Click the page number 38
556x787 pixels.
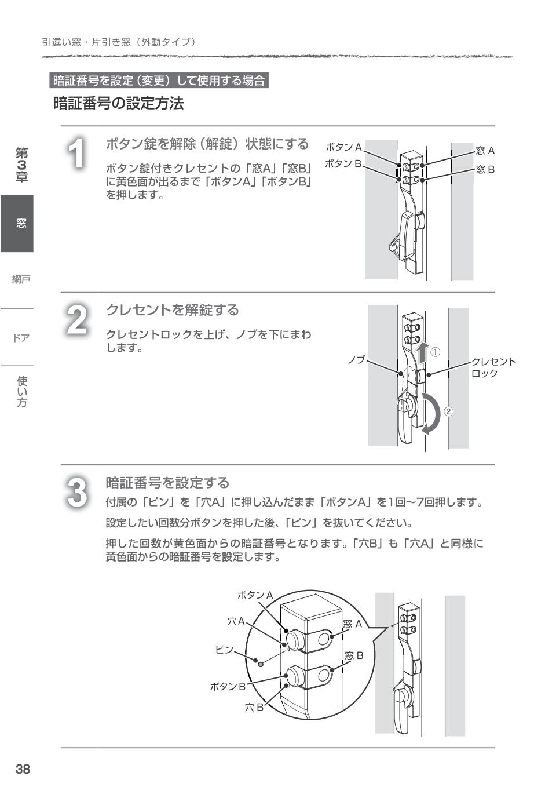(23, 769)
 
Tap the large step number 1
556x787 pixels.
(77, 154)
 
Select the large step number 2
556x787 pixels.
(77, 319)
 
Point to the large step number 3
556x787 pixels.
(77, 492)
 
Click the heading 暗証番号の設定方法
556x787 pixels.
(118, 104)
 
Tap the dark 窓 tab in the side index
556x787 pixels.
(21, 223)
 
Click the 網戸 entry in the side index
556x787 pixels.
(21, 279)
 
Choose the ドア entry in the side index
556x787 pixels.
(21, 337)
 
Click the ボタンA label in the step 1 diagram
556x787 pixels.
(343, 147)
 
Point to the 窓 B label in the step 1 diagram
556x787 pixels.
(485, 170)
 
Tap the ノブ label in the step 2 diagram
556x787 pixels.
(356, 360)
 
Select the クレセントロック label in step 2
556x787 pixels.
(492, 367)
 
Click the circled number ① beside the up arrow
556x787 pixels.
(436, 352)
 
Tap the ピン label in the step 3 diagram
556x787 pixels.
(224, 650)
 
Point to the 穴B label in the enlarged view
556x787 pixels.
(254, 707)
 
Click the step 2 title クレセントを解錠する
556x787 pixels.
(172, 310)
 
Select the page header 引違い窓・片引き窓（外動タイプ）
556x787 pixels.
(119, 42)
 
